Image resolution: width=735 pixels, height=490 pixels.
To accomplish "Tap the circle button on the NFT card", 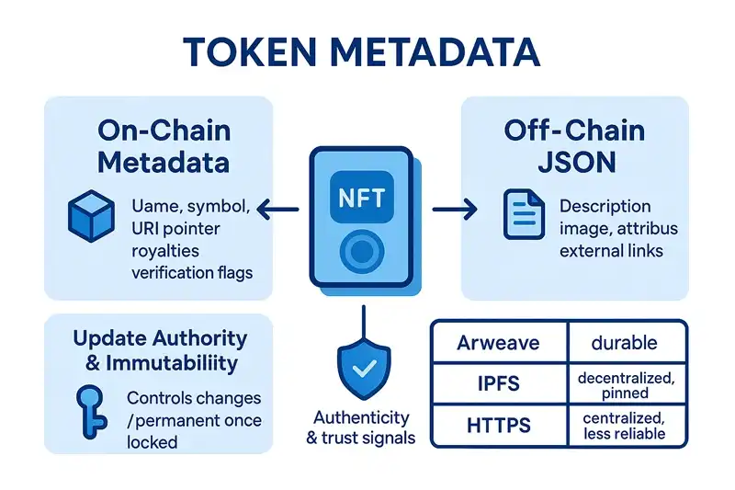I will pos(362,250).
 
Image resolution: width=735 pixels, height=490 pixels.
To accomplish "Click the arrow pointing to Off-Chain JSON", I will pos(454,211).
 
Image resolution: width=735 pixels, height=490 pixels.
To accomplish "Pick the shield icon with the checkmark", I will pos(361,368).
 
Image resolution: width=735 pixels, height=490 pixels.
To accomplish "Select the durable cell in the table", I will pos(625,343).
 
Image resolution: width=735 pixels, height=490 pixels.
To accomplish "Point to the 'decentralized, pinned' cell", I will pos(625,384).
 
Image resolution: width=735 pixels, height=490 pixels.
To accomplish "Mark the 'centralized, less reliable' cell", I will pos(625,425).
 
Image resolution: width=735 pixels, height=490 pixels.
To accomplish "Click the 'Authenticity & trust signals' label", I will pos(361,427).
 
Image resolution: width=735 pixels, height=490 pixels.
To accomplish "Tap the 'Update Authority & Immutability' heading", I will pos(160,349).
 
